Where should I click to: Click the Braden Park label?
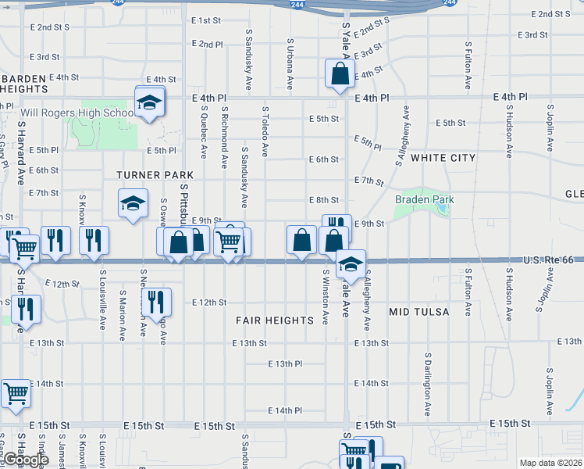point(425,200)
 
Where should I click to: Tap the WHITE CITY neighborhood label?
point(443,158)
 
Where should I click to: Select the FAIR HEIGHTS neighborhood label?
point(275,320)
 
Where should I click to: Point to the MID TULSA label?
point(419,312)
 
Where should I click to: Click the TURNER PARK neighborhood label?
point(144,175)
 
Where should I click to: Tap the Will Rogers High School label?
point(77,113)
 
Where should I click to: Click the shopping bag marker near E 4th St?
point(340,75)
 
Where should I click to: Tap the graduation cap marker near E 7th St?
point(133,205)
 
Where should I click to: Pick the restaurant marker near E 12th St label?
point(156,301)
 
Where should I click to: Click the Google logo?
point(25,460)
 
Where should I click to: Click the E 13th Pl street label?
point(285,364)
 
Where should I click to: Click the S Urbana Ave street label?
point(290,62)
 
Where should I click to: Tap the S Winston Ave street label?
point(326,295)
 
